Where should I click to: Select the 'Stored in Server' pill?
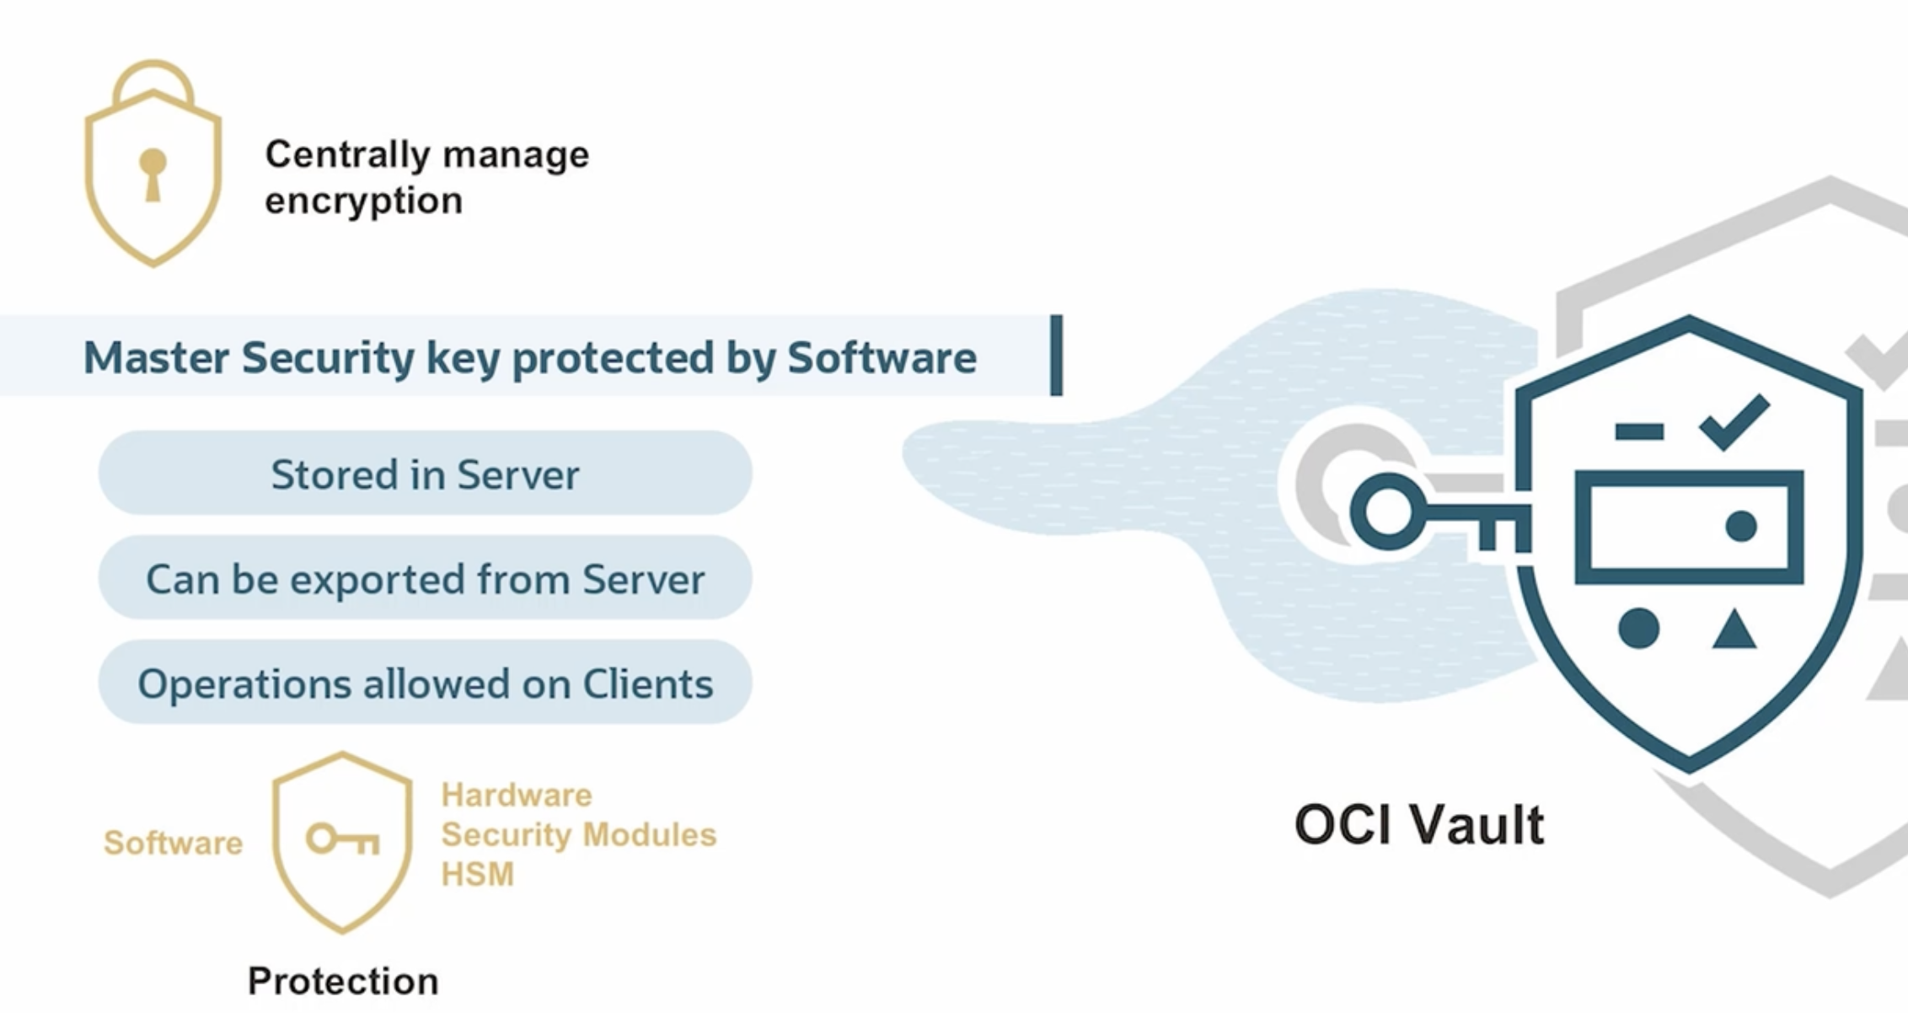coord(425,474)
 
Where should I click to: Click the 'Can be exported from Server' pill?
coord(425,578)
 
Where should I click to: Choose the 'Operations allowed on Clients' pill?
coord(425,683)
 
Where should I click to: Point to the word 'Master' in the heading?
coord(156,357)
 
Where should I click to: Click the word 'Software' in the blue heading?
coord(882,357)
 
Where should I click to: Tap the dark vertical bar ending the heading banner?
coord(1056,355)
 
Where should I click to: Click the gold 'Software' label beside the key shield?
coord(173,843)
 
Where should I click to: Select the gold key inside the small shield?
coord(342,839)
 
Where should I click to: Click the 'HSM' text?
coord(477,874)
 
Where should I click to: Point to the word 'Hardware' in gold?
coord(516,795)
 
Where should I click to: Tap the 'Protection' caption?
coord(343,981)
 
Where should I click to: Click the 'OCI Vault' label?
coord(1419,824)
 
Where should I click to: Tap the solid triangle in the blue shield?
coord(1734,631)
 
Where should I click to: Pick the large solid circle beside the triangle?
coord(1638,628)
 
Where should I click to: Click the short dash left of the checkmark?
coord(1638,431)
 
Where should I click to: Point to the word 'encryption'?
coord(363,201)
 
